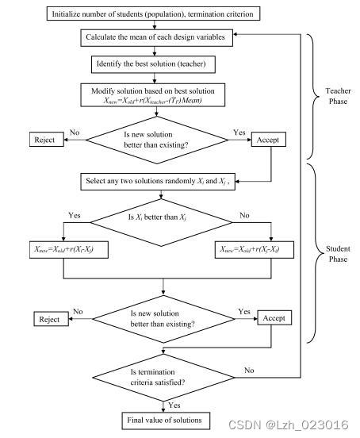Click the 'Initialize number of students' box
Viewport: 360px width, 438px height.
click(x=155, y=14)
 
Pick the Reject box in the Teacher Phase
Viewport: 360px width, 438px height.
click(x=45, y=140)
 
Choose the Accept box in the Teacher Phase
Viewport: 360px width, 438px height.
click(x=267, y=140)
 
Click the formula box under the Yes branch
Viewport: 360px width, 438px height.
click(x=60, y=250)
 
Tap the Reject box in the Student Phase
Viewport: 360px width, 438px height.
click(x=48, y=319)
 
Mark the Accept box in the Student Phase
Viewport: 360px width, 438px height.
click(x=274, y=318)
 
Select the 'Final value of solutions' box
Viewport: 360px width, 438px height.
click(x=163, y=419)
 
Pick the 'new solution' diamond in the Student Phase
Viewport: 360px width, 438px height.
click(x=163, y=319)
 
